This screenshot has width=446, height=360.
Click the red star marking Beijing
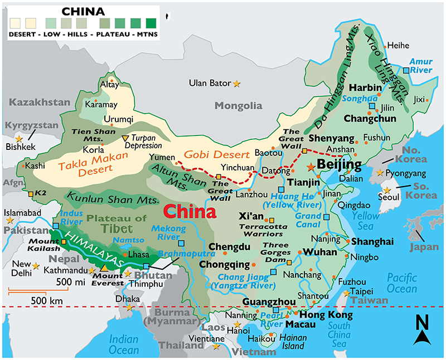pyautogui.click(x=310, y=167)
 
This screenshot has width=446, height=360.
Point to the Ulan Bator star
pyautogui.click(x=236, y=84)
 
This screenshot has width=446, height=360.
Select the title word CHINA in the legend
pyautogui.click(x=83, y=12)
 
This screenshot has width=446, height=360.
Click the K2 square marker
pyautogui.click(x=30, y=194)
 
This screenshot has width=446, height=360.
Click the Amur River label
pyautogui.click(x=420, y=66)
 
